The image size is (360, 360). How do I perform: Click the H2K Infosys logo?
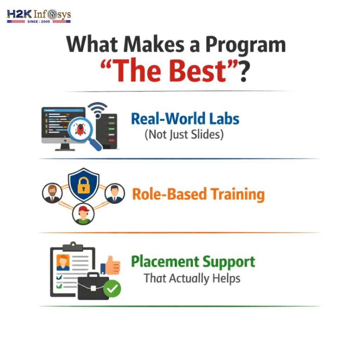pos(39,16)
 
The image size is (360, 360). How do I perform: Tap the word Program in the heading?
pos(245,45)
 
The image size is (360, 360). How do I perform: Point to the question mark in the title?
pos(243,70)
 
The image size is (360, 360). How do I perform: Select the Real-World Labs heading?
pos(185,119)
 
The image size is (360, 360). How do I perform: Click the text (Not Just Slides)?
pos(184,135)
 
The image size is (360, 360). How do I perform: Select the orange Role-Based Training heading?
pos(198,194)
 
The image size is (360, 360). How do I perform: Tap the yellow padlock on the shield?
pos(84,185)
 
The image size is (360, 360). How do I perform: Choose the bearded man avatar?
pos(52,193)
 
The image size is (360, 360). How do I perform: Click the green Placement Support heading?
pos(193,262)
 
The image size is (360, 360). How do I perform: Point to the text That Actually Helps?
pos(192,278)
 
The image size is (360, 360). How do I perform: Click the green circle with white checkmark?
pos(112,289)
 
